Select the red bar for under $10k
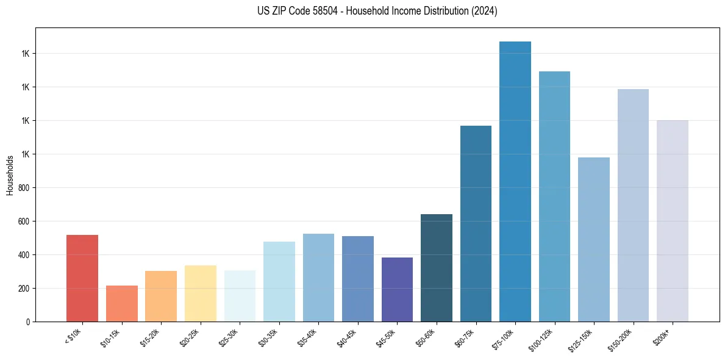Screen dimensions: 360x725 [x=82, y=278]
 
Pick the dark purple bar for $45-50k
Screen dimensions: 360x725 [x=397, y=289]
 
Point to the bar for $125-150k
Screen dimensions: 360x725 [x=593, y=239]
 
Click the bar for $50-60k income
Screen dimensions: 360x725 [x=436, y=268]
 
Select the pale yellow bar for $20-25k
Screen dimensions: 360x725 [x=200, y=293]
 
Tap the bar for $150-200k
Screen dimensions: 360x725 [x=633, y=205]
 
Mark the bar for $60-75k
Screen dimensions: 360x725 [x=476, y=223]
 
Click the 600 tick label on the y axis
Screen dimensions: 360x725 [x=24, y=221]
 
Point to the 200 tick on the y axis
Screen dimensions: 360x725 [x=24, y=289]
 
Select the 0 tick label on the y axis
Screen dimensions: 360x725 [x=28, y=322]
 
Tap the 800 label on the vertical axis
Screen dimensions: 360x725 [x=24, y=188]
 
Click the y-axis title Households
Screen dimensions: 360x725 [x=10, y=175]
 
